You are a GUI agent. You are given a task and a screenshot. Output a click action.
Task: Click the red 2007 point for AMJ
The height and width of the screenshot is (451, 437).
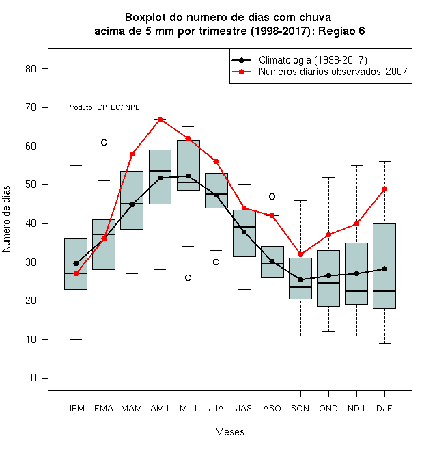click(160, 119)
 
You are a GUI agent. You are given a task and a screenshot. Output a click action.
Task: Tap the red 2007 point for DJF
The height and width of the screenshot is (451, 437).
click(384, 189)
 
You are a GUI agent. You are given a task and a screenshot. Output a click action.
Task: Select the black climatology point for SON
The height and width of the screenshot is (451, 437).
click(300, 279)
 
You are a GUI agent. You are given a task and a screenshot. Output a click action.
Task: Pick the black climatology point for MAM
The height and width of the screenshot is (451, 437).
click(132, 204)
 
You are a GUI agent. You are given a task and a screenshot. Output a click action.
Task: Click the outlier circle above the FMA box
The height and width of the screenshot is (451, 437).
click(104, 142)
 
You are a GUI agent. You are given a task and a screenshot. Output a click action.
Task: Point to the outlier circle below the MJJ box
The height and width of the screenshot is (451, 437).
click(188, 277)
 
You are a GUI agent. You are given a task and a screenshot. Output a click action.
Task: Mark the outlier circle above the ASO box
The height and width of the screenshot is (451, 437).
click(272, 196)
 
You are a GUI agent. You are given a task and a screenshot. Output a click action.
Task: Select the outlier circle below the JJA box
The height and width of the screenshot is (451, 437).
click(216, 262)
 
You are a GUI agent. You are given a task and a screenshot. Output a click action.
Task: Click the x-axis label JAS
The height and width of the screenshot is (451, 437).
click(244, 409)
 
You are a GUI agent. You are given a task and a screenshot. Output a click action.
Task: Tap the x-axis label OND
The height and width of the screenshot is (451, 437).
click(328, 409)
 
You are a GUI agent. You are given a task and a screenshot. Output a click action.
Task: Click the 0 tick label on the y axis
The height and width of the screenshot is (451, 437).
click(33, 378)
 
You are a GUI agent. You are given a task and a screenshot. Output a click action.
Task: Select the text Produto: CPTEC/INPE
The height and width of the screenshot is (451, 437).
click(103, 107)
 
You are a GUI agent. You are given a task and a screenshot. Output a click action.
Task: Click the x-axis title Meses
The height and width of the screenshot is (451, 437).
click(229, 432)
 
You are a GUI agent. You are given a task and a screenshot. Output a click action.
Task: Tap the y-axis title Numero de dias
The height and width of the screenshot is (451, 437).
click(6, 219)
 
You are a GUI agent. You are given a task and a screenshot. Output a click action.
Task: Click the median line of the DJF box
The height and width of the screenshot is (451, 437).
click(384, 291)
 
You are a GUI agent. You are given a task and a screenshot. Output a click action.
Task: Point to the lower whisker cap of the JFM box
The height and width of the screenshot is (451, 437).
click(76, 340)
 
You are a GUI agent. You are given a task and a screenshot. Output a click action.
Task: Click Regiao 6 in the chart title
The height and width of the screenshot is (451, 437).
click(341, 31)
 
